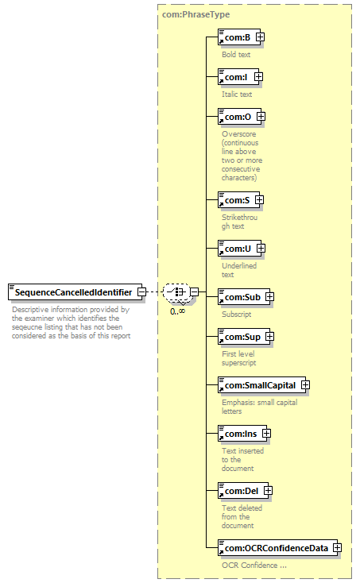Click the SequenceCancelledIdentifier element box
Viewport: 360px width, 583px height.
(75, 292)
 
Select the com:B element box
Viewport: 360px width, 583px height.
(239, 37)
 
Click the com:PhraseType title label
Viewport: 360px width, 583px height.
(196, 14)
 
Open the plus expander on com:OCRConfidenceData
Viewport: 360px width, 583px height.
(337, 548)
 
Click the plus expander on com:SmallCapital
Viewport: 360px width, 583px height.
(305, 385)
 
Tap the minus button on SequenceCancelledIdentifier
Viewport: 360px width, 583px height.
(141, 292)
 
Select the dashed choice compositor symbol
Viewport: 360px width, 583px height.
(176, 292)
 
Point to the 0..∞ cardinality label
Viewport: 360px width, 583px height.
(178, 311)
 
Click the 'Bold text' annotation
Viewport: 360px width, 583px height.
(236, 55)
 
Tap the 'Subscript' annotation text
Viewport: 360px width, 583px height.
(237, 315)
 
